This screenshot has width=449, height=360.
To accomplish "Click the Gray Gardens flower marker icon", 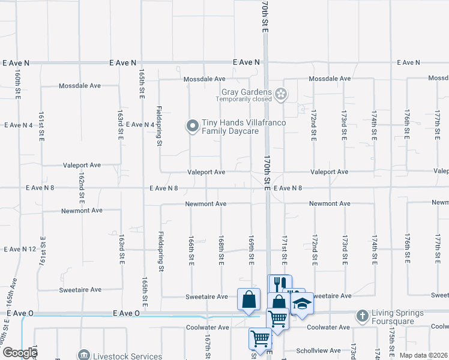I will (281, 94).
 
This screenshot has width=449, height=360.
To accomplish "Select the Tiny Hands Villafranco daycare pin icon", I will (192, 125).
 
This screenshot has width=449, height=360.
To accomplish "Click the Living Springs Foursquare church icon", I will (362, 316).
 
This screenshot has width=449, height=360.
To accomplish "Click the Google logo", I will (19, 353).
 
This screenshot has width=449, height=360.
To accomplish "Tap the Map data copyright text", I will (424, 355).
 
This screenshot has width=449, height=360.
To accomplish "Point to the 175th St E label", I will (391, 347).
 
